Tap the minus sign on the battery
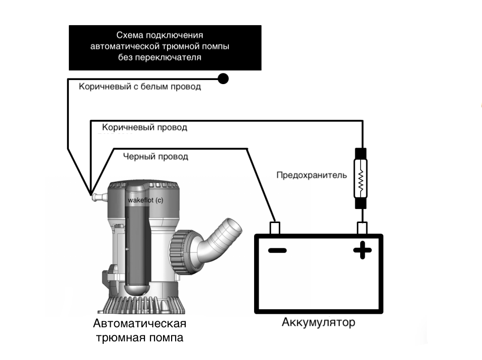(277, 250)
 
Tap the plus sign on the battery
(362, 250)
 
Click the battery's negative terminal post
(275, 228)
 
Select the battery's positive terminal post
(362, 228)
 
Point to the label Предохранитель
(311, 176)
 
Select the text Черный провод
(155, 157)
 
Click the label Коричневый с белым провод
(140, 87)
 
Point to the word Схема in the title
(129, 35)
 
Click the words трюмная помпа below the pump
(139, 337)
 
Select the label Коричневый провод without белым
(144, 127)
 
